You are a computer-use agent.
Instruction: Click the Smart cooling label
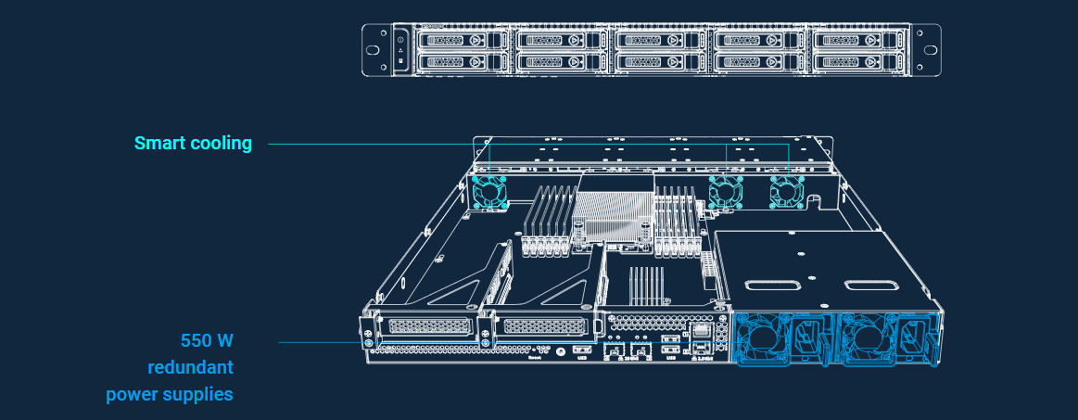193,144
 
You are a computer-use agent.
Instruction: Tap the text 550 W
207,339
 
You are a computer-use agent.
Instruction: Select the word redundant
190,366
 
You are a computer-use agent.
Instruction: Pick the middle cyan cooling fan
726,191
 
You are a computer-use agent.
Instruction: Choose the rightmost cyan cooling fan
786,191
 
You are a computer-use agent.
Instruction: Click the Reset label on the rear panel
535,355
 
